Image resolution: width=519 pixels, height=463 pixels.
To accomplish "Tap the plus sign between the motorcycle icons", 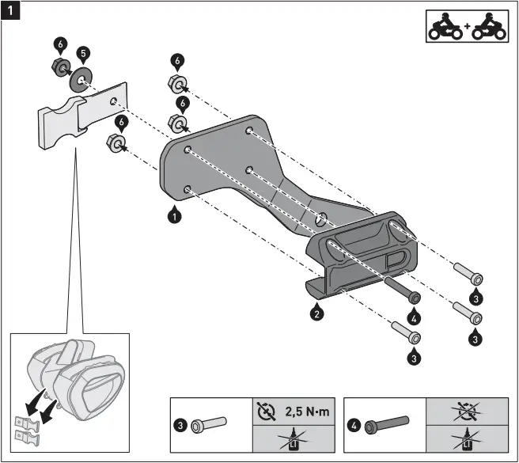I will [x=467, y=27].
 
